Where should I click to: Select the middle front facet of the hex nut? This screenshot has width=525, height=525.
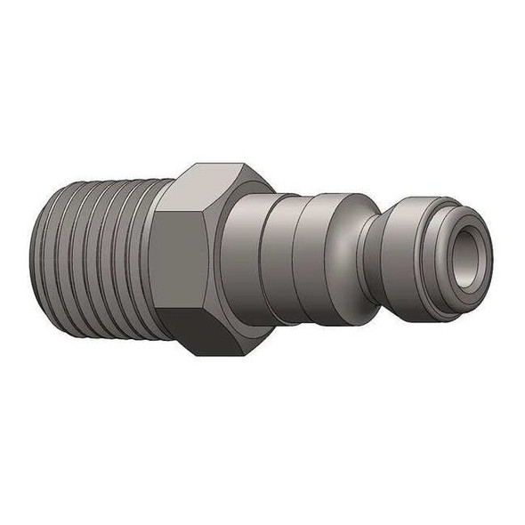(181, 257)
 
